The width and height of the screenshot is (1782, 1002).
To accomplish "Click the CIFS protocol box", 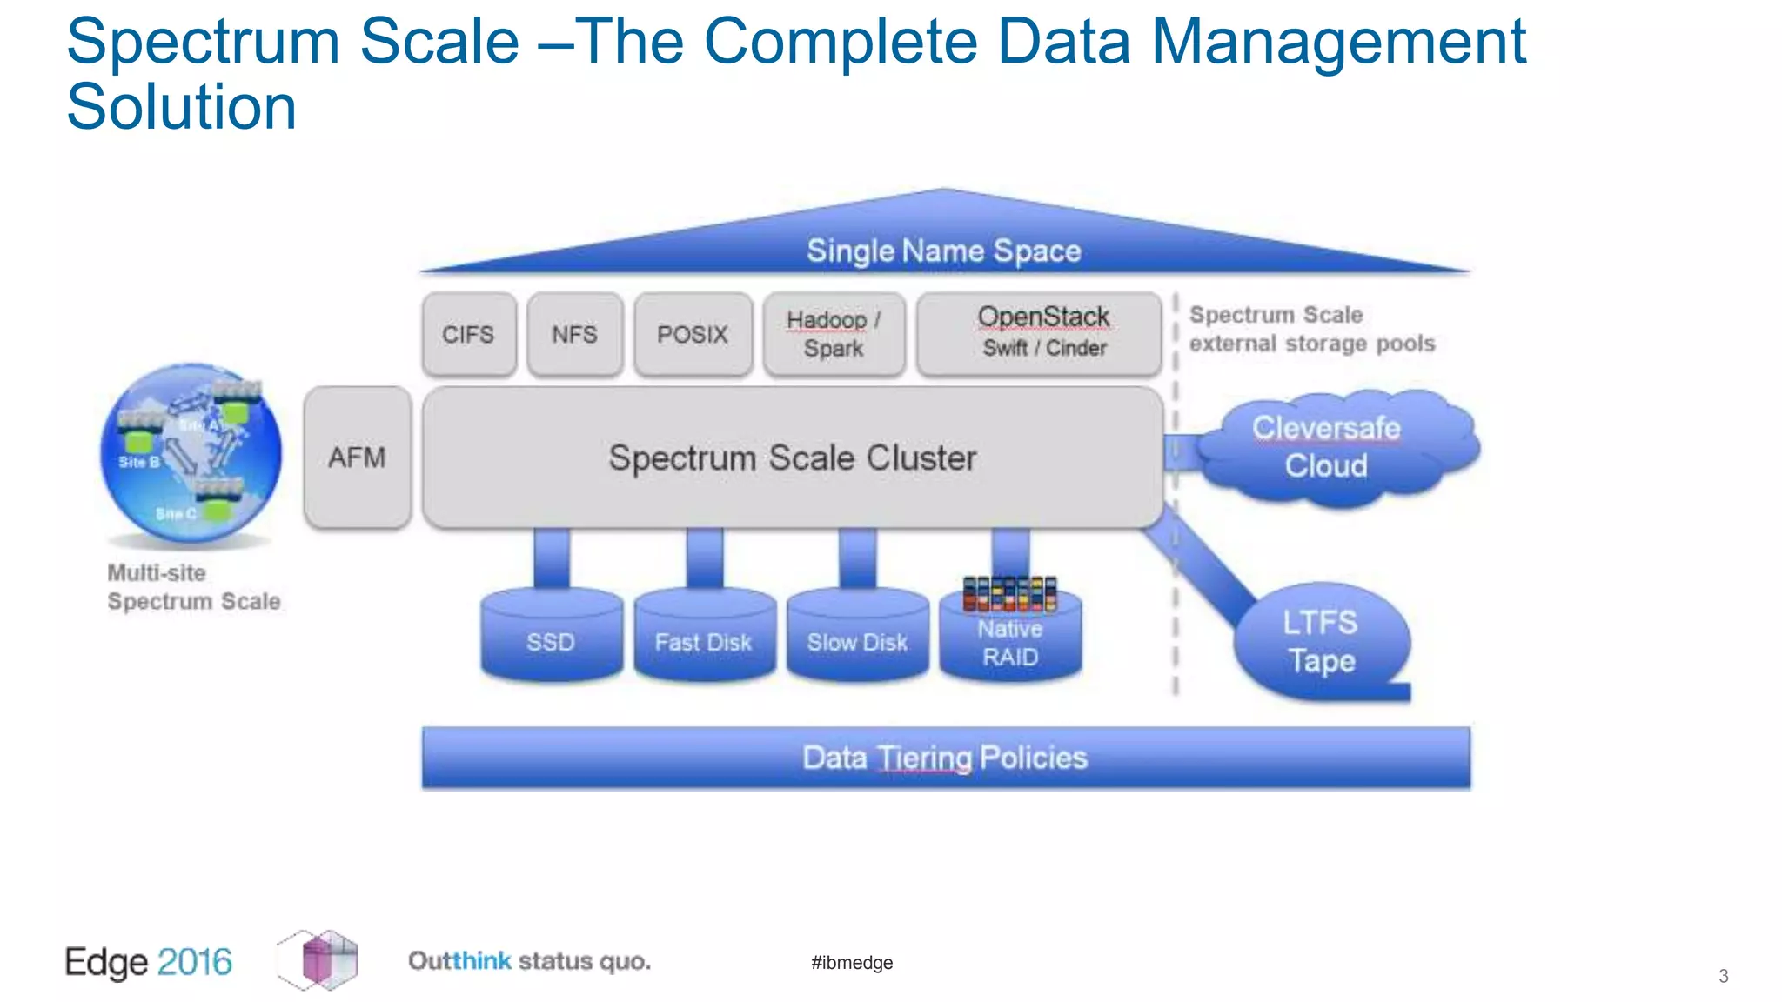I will click(469, 335).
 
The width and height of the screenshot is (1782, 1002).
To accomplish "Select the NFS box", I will click(574, 335).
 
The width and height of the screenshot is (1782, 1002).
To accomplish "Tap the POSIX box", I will click(693, 335).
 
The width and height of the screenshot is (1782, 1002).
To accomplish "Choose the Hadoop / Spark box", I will click(834, 335).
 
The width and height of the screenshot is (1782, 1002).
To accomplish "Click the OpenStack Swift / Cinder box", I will click(1040, 333).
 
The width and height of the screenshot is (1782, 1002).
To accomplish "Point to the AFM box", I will click(358, 458).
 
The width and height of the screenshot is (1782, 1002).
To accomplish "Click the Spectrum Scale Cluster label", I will click(792, 458).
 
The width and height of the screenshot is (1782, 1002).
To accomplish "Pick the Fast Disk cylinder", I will click(704, 639).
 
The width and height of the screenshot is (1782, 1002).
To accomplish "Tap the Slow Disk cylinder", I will click(857, 639).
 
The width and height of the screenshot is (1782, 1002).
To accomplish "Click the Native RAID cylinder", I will click(1010, 642).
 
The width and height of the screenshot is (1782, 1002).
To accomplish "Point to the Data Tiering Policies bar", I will click(945, 758).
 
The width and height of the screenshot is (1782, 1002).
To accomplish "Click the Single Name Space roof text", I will click(944, 251).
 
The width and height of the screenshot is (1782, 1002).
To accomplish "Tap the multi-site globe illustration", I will click(191, 453).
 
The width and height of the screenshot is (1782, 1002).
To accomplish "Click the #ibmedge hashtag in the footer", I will click(852, 963).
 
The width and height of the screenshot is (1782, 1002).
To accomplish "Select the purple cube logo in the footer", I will click(318, 960).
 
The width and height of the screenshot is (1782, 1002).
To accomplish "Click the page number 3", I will click(1723, 976).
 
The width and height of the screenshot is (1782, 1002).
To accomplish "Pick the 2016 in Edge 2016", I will click(195, 962).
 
